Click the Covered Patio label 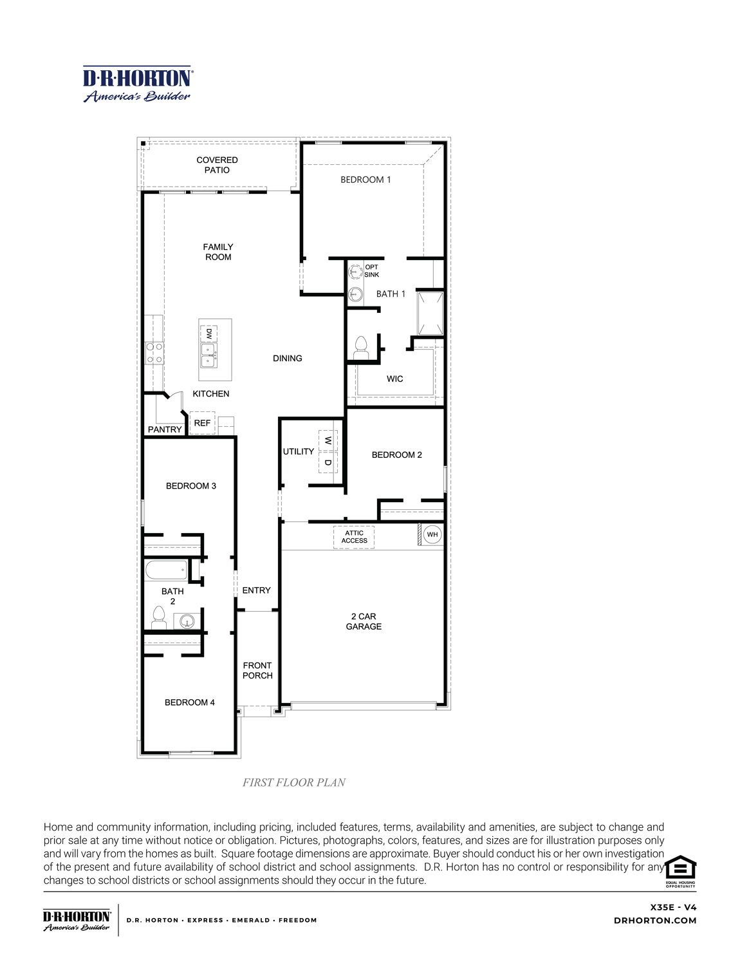(217, 165)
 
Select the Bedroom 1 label (365, 180)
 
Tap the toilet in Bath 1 (360, 348)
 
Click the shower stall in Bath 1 (430, 313)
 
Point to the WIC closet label (394, 379)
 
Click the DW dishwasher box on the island (208, 334)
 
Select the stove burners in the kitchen (154, 353)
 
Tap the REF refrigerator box (202, 423)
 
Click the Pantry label (165, 429)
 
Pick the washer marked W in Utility (328, 441)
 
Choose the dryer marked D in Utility (328, 462)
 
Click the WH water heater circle (432, 534)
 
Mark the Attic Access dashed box (354, 537)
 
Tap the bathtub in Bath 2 (166, 570)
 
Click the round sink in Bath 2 (187, 621)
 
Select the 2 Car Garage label (364, 621)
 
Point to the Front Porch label (257, 670)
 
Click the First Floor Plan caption (294, 782)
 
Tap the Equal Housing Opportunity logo (680, 871)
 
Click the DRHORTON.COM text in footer (655, 921)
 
